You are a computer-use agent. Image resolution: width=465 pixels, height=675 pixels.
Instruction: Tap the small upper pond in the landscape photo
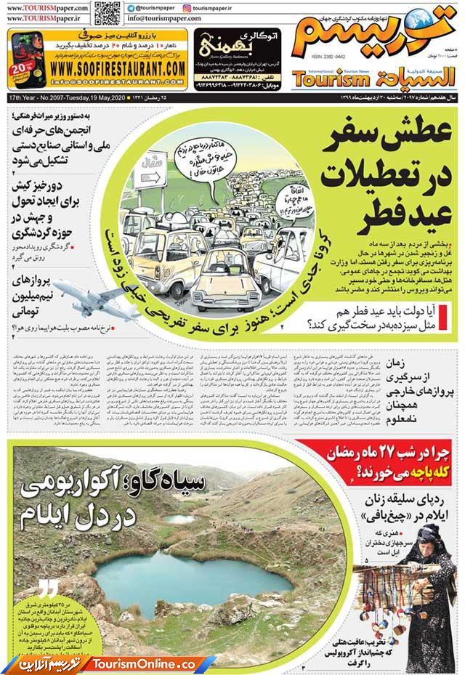(179, 519)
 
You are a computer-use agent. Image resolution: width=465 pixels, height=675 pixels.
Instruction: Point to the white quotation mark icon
(49, 589)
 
